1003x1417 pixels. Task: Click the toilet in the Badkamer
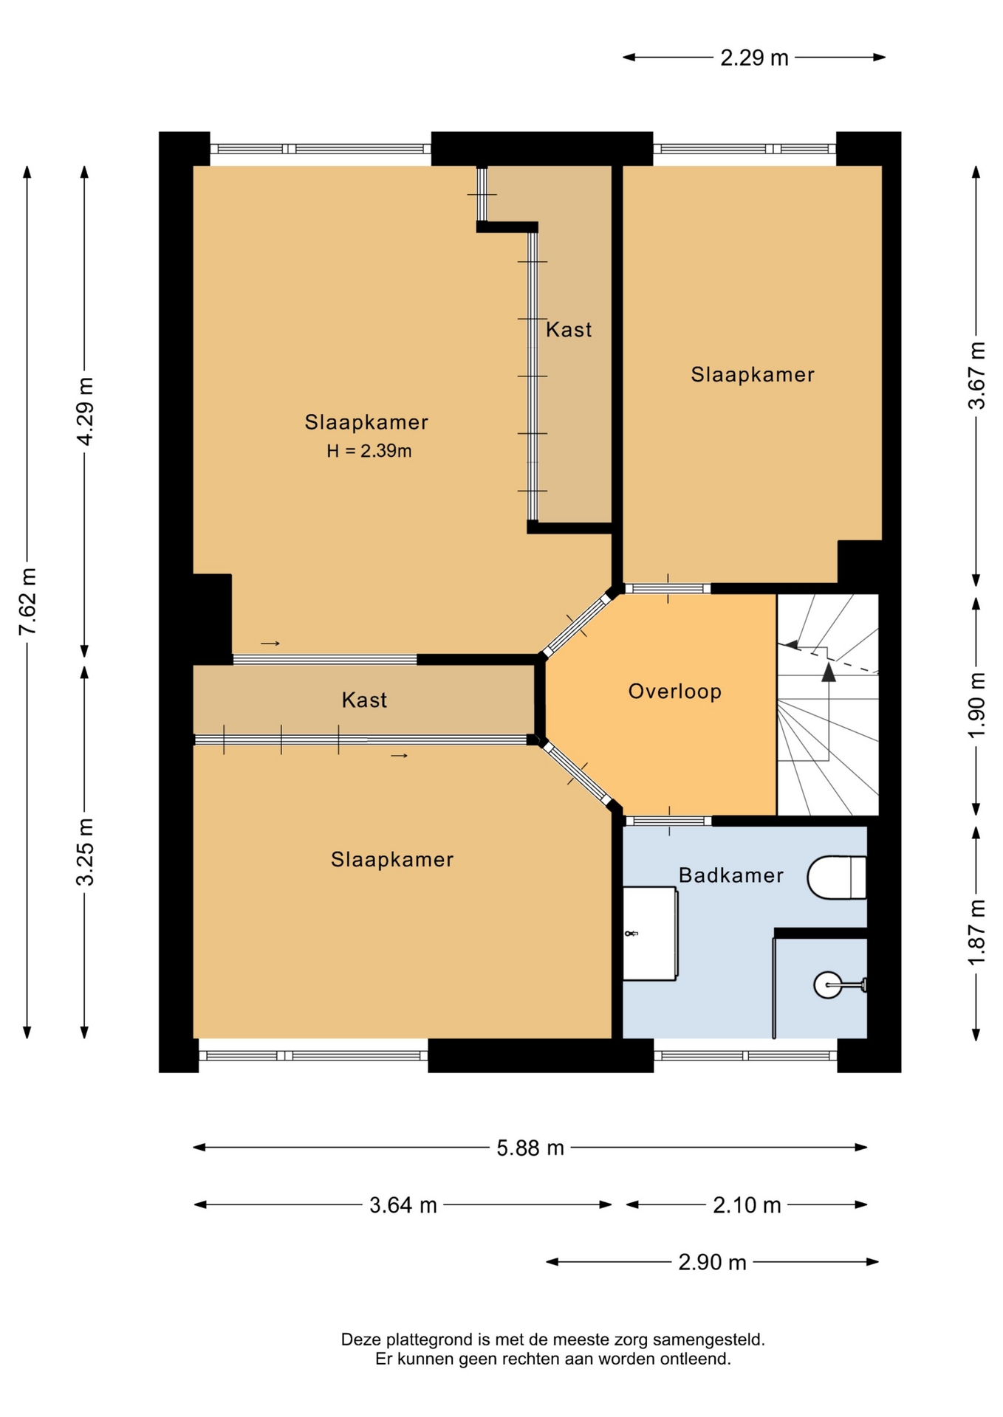(836, 878)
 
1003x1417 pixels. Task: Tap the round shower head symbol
(827, 985)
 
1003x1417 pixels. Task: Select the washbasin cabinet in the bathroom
(650, 934)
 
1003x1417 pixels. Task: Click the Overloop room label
(674, 692)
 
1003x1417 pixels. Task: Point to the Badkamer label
(730, 875)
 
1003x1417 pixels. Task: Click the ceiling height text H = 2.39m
(369, 451)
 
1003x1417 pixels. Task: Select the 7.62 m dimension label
(27, 601)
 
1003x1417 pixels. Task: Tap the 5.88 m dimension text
(530, 1148)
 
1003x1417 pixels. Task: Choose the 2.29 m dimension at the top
(754, 58)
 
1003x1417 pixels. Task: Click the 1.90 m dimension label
(976, 706)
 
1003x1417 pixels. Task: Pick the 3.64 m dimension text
(403, 1205)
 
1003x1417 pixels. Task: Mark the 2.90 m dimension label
(712, 1263)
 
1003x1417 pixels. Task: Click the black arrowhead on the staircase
(829, 672)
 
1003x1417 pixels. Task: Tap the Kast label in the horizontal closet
(364, 700)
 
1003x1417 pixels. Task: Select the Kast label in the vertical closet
(569, 329)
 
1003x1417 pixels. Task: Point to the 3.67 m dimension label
(976, 376)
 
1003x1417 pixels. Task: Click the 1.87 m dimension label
(976, 932)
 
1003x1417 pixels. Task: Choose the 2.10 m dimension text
(747, 1205)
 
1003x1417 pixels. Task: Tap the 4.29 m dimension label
(85, 411)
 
